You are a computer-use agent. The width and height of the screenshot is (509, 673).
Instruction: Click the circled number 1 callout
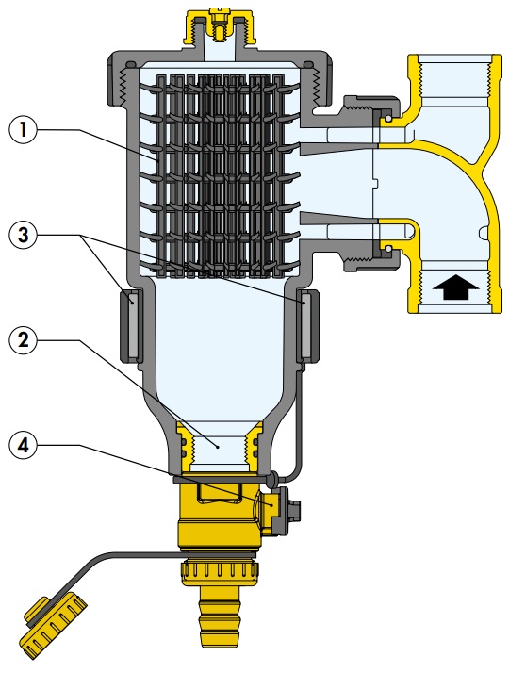click(23, 129)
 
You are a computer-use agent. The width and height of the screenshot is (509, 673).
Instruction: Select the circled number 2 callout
click(23, 340)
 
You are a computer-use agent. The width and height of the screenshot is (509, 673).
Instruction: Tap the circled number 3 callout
click(23, 235)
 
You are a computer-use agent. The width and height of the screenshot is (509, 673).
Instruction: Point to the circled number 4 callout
click(23, 445)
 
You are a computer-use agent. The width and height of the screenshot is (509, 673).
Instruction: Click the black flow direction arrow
click(455, 287)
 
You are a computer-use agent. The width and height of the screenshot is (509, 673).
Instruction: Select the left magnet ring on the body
click(131, 324)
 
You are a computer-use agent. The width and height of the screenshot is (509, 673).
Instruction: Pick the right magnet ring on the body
click(307, 324)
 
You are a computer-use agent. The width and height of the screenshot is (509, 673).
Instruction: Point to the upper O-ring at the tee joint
click(387, 118)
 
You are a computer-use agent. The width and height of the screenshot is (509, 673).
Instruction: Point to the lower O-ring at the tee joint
click(387, 249)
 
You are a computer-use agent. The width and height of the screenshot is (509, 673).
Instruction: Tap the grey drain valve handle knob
click(287, 510)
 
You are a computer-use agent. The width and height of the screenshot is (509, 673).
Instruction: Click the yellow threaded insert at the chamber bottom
click(220, 447)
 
